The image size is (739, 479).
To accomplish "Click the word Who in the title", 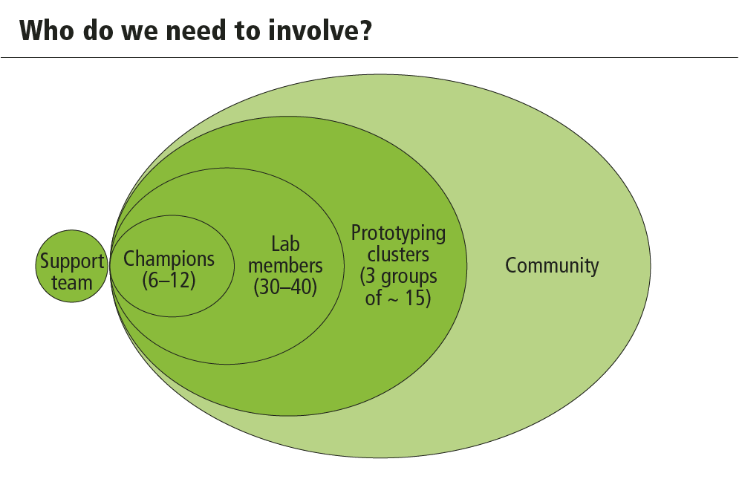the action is coord(47,30).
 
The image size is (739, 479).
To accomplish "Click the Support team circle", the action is coord(71,266).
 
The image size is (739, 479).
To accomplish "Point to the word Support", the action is coord(71,261).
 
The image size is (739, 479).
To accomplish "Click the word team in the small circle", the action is coord(71,283).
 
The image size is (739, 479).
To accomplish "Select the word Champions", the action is coord(169,259).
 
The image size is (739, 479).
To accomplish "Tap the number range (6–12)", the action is coord(169,280).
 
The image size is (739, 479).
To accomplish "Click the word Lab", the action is coord(285,244).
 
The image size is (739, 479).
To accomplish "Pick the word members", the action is coord(285,265).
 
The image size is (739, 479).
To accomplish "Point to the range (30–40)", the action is coord(285,287).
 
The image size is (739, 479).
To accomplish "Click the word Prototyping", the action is coord(398,234).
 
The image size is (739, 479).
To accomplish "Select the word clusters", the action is coord(398,255).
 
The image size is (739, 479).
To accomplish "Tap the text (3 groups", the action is coord(398,277).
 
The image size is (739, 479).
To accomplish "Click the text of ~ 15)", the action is coord(398,298).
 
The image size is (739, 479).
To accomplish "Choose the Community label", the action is coord(552,266).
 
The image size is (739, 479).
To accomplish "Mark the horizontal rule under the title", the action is coord(370,57).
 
